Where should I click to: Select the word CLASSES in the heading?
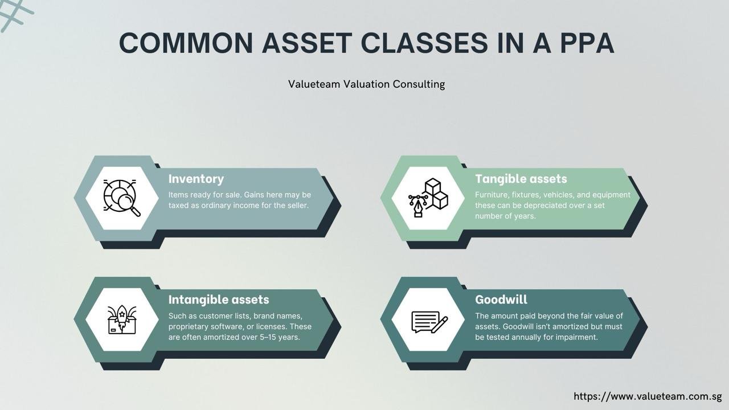coord(424,43)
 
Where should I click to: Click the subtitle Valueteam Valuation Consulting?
coord(366,84)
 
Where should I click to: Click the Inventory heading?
coord(196,179)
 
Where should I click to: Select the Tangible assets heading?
coord(521,179)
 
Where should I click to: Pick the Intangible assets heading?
coord(219,300)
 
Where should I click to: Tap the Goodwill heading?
coord(501,300)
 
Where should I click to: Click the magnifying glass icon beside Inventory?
coord(122,198)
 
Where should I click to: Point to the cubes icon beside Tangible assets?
coord(428,198)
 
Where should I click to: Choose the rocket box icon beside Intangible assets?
coord(122,319)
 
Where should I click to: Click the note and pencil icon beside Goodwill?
coord(429,322)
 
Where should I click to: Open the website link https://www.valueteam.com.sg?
coord(648,396)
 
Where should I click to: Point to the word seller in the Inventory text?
coord(297,206)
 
